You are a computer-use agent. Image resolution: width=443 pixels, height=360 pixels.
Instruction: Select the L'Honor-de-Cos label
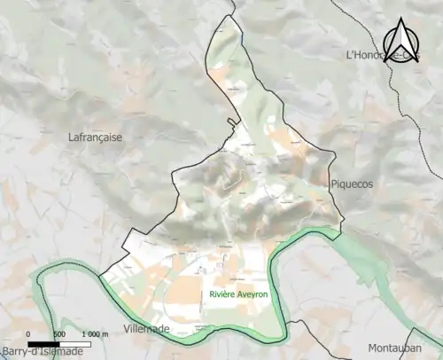pyautogui.click(x=381, y=56)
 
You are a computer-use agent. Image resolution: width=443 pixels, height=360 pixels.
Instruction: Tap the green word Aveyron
pyautogui.click(x=254, y=294)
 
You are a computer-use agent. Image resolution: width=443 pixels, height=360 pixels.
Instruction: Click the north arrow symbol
pyautogui.click(x=401, y=41)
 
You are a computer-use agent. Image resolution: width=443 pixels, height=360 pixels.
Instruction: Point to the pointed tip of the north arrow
pyautogui.click(x=401, y=19)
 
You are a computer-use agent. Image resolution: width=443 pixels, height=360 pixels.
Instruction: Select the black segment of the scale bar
pyautogui.click(x=44, y=344)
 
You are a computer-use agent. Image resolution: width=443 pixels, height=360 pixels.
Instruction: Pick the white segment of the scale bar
pyautogui.click(x=74, y=344)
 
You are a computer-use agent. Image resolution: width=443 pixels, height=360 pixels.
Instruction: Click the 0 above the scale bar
pyautogui.click(x=29, y=334)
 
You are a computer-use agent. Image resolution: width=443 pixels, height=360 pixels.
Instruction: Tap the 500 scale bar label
pyautogui.click(x=59, y=334)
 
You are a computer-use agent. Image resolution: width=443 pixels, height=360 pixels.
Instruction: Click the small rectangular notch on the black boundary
pyautogui.click(x=233, y=123)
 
